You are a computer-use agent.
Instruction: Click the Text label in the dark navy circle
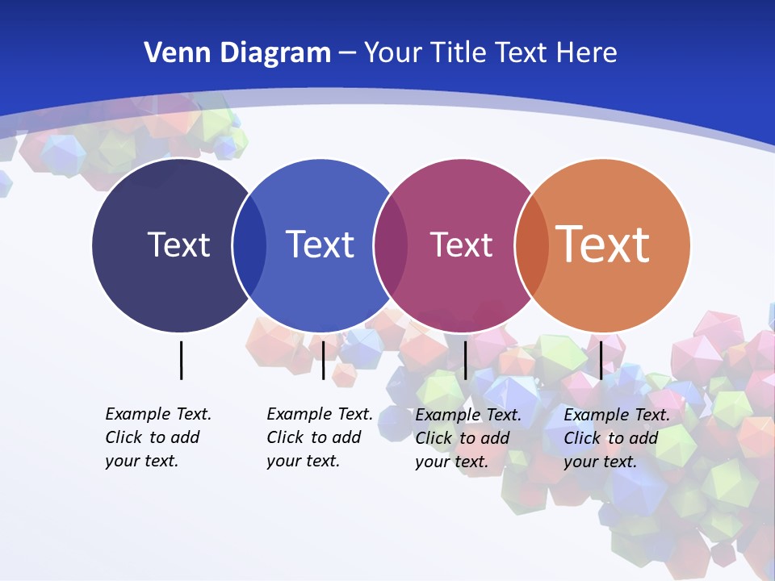click(178, 245)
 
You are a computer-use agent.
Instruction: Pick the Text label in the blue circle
click(320, 245)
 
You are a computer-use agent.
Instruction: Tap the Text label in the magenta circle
click(461, 245)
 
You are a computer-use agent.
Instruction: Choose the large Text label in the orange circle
click(603, 244)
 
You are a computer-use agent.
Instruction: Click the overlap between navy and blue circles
click(249, 245)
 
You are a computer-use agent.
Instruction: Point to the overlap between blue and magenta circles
click(391, 245)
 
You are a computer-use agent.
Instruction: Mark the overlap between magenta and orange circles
click(532, 245)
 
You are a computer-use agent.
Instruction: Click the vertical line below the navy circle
click(181, 360)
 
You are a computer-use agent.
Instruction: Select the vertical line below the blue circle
click(323, 360)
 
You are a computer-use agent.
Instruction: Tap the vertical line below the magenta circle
click(465, 360)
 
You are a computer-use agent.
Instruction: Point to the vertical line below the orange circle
click(601, 360)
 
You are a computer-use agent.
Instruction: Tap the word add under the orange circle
click(643, 438)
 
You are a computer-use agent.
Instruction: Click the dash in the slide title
click(347, 53)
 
